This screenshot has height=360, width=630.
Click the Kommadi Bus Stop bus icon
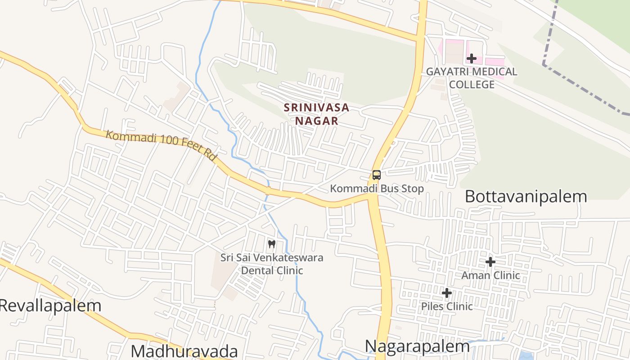[377, 175]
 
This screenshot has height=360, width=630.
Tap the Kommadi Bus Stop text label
[377, 189]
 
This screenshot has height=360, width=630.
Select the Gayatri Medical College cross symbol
[472, 58]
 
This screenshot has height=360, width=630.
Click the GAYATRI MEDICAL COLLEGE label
[472, 78]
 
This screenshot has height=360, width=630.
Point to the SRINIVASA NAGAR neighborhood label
[316, 114]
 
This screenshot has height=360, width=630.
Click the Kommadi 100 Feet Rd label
[161, 144]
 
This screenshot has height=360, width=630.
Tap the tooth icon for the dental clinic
[271, 244]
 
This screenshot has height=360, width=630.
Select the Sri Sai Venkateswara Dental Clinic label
[271, 264]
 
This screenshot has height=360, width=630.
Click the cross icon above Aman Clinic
[490, 261]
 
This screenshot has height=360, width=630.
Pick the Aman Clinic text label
[490, 275]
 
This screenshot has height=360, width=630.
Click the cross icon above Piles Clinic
[446, 293]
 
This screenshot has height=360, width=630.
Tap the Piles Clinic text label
[446, 306]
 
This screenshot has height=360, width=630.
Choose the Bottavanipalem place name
[526, 197]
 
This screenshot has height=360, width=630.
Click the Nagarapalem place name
[417, 346]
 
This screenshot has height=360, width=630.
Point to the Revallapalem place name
[49, 306]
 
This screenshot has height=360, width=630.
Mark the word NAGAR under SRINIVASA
[316, 121]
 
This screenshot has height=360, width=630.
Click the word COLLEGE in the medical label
[472, 84]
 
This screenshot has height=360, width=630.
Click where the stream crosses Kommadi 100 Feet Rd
[268, 191]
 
